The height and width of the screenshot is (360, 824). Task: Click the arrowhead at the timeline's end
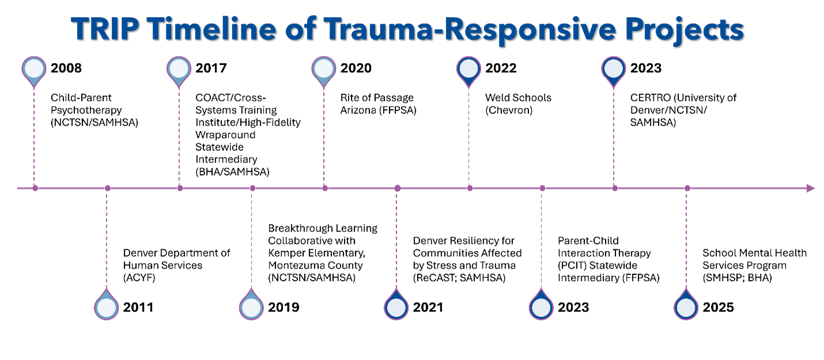pyautogui.click(x=811, y=188)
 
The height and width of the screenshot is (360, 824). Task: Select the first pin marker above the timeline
pyautogui.click(x=34, y=69)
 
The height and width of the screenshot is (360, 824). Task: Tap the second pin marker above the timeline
pyautogui.click(x=179, y=69)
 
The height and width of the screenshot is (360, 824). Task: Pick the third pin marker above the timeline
pyautogui.click(x=324, y=69)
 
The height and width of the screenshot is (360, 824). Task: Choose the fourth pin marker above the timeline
pyautogui.click(x=468, y=69)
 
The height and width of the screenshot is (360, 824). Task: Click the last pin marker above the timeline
pyautogui.click(x=614, y=69)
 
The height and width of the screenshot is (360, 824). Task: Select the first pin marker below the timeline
pyautogui.click(x=107, y=307)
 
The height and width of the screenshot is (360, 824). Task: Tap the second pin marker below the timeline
pyautogui.click(x=251, y=307)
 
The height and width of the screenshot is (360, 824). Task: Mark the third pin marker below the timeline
pyautogui.click(x=396, y=307)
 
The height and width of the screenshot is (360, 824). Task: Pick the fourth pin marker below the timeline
pyautogui.click(x=541, y=307)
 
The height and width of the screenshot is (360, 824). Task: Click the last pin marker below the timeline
pyautogui.click(x=686, y=307)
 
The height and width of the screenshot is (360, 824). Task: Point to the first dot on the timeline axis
pyautogui.click(x=35, y=188)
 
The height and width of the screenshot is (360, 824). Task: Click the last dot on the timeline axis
pyautogui.click(x=687, y=188)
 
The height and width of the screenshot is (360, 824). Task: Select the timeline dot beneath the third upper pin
pyautogui.click(x=325, y=188)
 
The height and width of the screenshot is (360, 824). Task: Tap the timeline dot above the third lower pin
pyautogui.click(x=397, y=188)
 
